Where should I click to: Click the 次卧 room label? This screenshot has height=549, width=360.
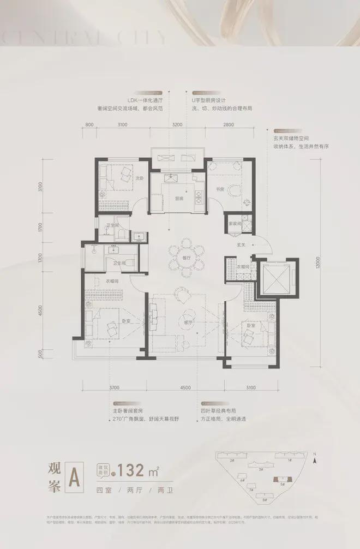pyautogui.click(x=139, y=178)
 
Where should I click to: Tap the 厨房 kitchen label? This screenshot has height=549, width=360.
pyautogui.click(x=179, y=199)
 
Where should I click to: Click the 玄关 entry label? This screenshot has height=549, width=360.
pyautogui.click(x=240, y=244)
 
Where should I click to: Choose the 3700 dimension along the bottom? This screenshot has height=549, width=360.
pyautogui.click(x=113, y=388)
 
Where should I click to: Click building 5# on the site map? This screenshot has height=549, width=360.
pyautogui.click(x=282, y=484)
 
